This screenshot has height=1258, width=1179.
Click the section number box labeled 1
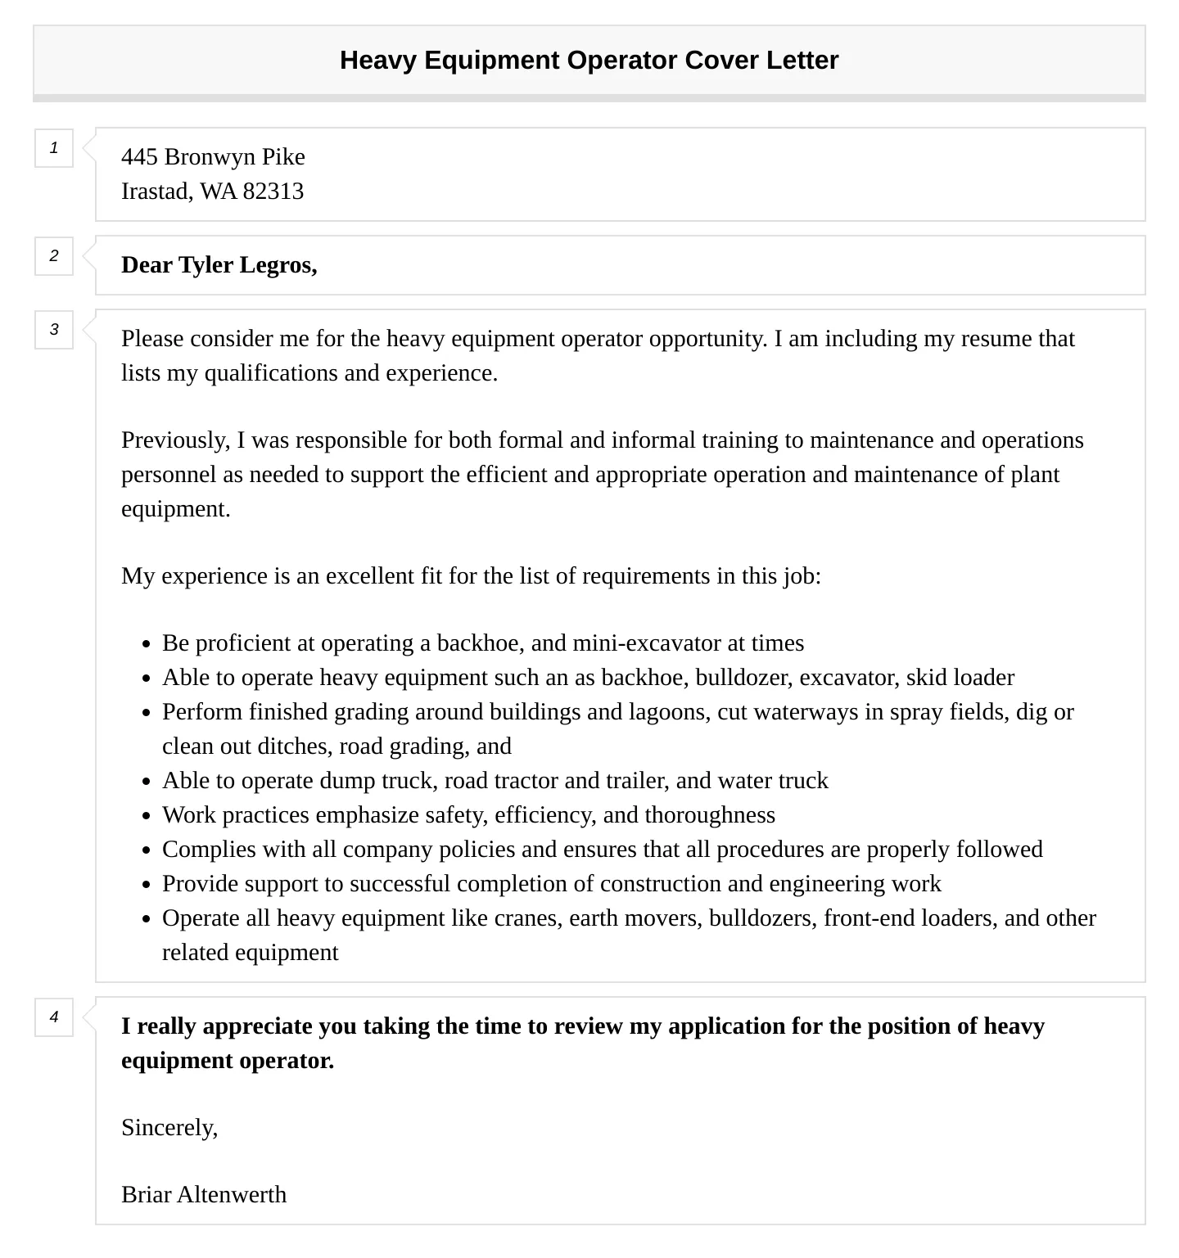54,148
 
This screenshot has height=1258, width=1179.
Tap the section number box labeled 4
54,1017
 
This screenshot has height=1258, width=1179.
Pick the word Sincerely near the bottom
169,1128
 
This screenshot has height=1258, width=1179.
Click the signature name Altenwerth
232,1195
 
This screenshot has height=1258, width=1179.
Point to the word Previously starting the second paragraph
175,440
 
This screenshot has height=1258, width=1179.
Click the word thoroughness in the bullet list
709,815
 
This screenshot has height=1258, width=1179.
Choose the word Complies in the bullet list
209,850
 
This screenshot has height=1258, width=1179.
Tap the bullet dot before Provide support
146,885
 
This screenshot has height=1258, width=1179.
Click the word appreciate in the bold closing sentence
258,1026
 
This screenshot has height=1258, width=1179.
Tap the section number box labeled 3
54,330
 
